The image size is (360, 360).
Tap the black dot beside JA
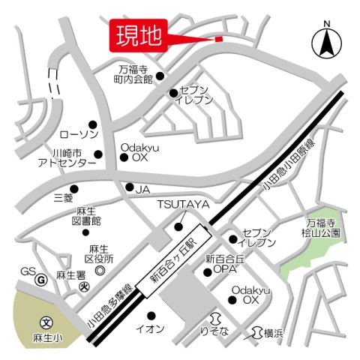(x=130, y=187)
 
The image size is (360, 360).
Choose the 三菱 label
(x=64, y=200)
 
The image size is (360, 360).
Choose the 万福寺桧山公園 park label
(x=324, y=228)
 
